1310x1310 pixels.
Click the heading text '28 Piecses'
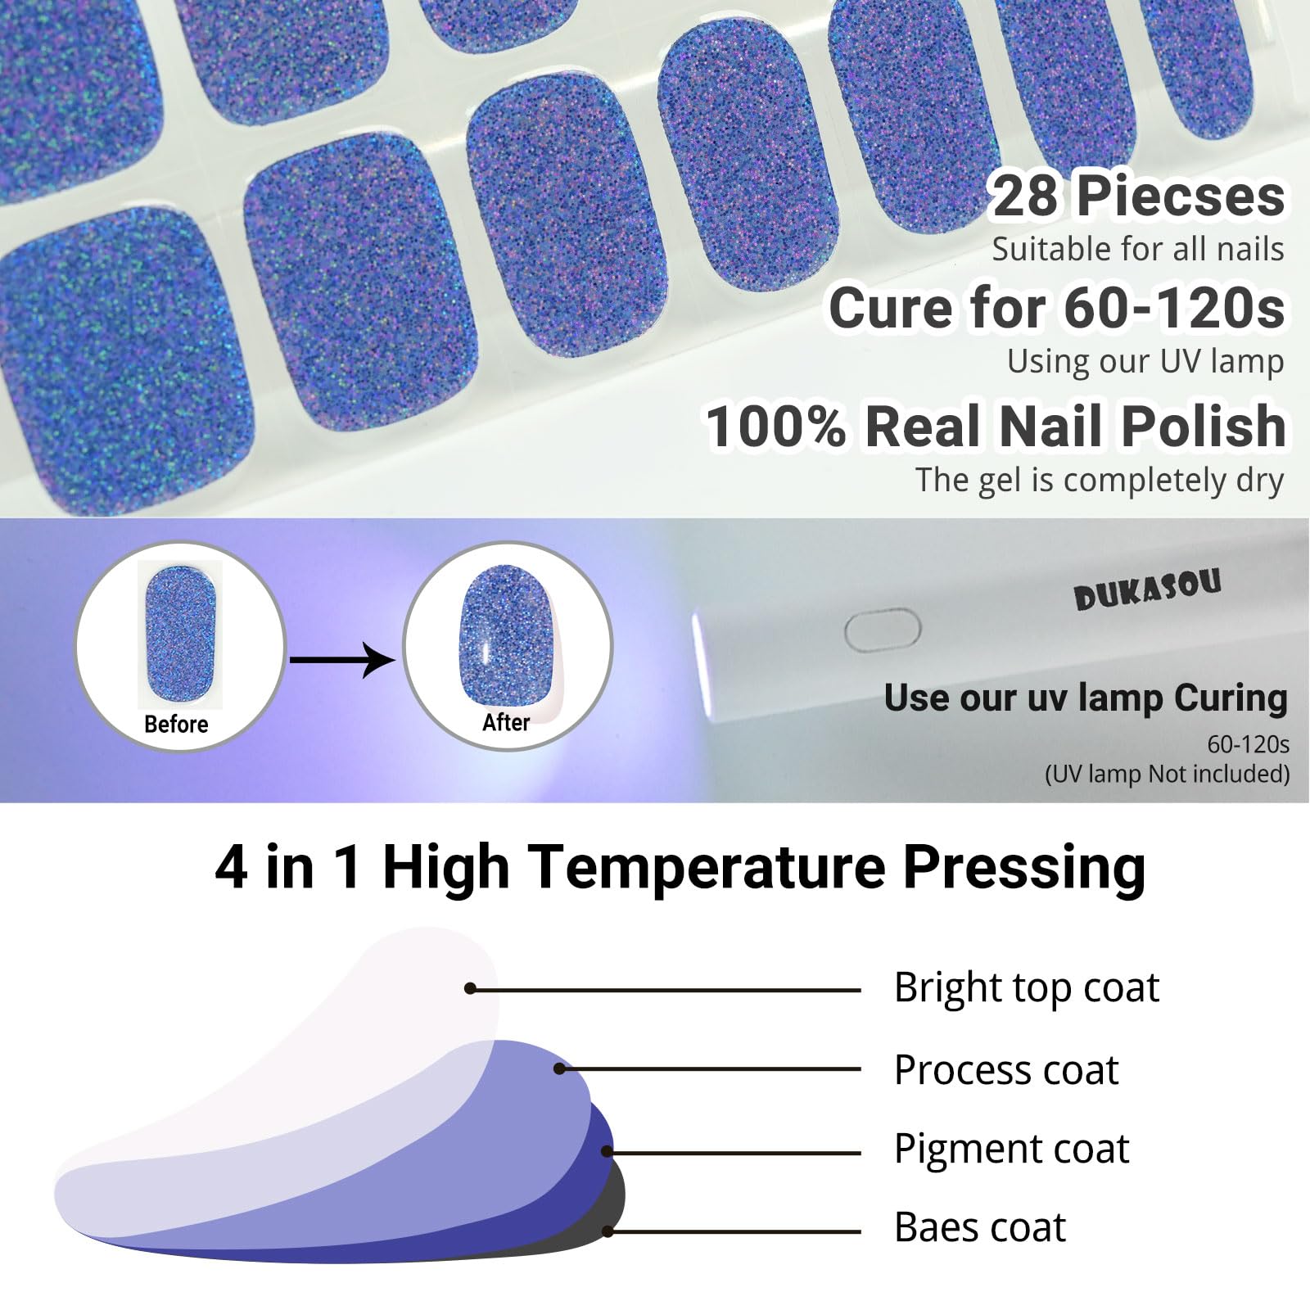[x=1137, y=196]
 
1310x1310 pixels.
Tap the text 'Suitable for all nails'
[x=1138, y=250]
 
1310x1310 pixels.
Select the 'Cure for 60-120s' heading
[x=1057, y=308]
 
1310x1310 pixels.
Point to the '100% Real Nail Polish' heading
[x=996, y=426]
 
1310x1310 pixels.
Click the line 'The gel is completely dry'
[x=1100, y=481]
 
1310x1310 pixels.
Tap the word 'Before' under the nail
[x=176, y=724]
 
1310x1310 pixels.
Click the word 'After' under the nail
[x=506, y=722]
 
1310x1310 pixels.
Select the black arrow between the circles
[x=342, y=659]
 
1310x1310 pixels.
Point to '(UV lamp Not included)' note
[x=1167, y=774]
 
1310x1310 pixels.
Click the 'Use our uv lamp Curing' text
[x=1086, y=698]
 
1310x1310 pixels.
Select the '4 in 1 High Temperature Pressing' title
[x=680, y=866]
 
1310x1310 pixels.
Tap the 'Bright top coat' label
[x=1027, y=987]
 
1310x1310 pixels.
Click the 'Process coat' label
[x=1006, y=1070]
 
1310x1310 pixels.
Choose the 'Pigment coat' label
[x=1012, y=1149]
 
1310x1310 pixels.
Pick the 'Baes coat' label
[x=980, y=1227]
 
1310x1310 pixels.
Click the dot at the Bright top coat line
[x=470, y=988]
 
